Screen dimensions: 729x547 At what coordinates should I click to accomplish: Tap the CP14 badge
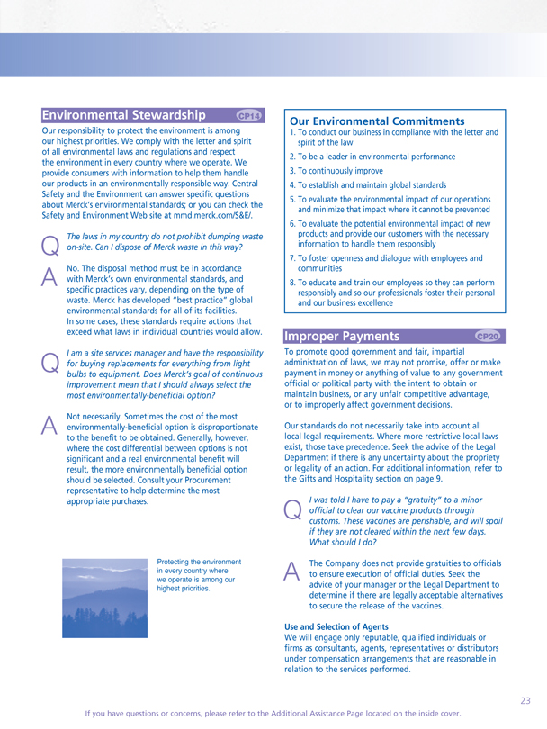(249, 116)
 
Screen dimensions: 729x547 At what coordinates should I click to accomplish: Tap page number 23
(525, 698)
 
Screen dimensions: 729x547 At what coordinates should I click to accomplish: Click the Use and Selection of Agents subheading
(336, 625)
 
